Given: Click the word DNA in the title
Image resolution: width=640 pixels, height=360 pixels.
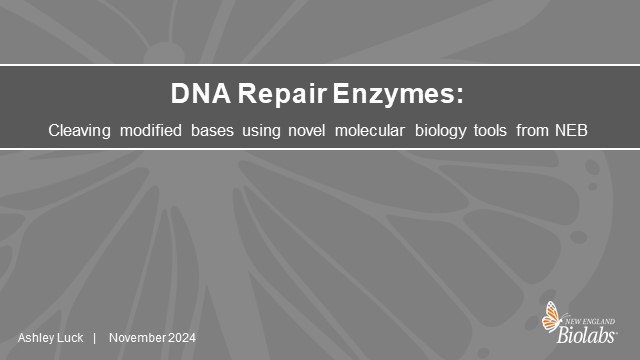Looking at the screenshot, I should click(x=193, y=97).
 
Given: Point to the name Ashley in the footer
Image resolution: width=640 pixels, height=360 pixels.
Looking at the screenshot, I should click(x=35, y=338).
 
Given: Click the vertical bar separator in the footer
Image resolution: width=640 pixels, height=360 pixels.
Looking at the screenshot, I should click(x=94, y=338).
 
